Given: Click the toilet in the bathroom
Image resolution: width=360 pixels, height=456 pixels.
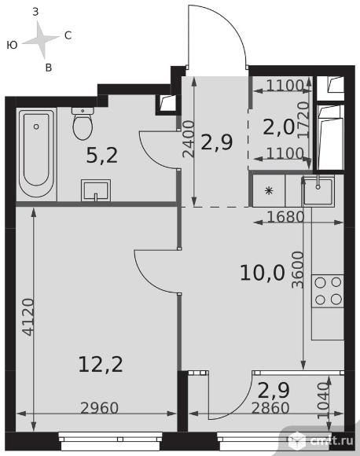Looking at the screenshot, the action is (x=83, y=123).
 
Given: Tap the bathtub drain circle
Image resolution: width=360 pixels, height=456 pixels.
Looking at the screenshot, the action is (x=36, y=127).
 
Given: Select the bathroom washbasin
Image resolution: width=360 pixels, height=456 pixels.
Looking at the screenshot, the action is (x=96, y=190).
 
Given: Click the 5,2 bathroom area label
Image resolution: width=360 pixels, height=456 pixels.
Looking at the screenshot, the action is (x=102, y=156).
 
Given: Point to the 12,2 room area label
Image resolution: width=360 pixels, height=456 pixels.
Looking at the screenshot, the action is (x=101, y=365).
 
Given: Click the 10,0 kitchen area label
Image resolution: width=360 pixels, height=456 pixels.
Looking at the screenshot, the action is (x=263, y=274).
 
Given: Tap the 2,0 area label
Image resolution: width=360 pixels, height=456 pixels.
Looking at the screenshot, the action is (x=278, y=127).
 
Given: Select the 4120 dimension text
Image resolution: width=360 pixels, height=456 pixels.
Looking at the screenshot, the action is (x=28, y=317).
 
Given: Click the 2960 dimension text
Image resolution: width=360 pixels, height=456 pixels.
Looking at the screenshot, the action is (x=100, y=408).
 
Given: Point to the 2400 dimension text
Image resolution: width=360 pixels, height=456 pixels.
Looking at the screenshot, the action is (x=188, y=139).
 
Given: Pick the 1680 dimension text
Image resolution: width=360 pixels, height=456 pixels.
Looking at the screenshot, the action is (x=285, y=217).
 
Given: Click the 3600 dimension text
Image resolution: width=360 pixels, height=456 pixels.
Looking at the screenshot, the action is (x=297, y=270).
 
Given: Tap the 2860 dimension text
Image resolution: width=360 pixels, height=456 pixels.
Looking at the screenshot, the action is (x=270, y=408).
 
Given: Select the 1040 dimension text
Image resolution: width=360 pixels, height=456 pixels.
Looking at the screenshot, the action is (x=323, y=401).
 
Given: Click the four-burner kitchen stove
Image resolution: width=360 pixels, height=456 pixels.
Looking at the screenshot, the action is (x=328, y=291).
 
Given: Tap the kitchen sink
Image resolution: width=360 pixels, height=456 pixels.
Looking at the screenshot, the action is (x=318, y=190).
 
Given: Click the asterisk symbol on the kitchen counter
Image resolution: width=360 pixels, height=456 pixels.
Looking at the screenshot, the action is (x=269, y=191).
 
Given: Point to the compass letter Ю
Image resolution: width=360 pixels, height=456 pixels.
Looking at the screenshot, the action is (x=12, y=45).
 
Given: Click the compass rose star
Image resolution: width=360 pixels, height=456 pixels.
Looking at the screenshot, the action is (x=42, y=39).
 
